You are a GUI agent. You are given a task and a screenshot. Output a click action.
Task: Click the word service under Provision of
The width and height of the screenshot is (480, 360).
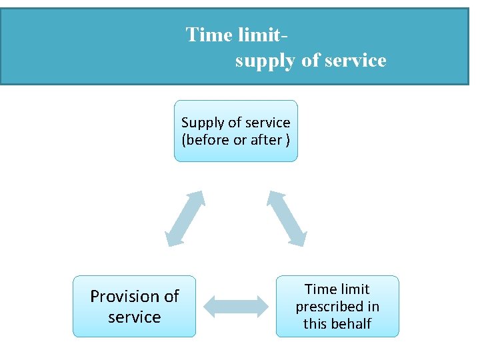135,317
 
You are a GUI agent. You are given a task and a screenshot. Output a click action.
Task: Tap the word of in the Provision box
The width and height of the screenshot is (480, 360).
171,296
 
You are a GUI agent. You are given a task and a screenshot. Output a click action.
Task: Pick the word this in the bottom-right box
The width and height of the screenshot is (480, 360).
315,324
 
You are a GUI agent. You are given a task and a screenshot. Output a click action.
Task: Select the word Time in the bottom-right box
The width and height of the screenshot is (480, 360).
319,289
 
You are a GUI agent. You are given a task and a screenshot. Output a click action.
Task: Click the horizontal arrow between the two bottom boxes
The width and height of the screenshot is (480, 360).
235,307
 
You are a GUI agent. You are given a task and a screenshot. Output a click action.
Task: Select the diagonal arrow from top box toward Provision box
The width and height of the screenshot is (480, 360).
185,219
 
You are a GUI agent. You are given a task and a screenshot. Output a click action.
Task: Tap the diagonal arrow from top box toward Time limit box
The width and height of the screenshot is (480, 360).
287,219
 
